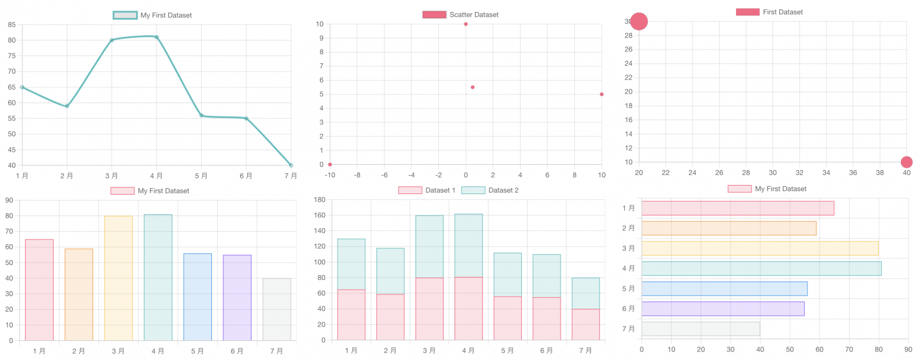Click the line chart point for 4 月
click(156, 37)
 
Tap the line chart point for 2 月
click(67, 106)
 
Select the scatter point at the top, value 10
click(466, 24)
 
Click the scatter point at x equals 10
click(602, 94)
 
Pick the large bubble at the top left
click(639, 21)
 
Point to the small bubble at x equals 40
click(906, 162)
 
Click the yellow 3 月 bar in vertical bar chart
click(118, 278)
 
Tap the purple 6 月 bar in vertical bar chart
click(237, 297)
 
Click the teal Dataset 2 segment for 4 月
click(468, 245)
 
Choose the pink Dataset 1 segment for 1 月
click(351, 315)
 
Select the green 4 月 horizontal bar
click(761, 269)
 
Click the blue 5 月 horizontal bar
click(724, 288)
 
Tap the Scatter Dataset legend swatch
click(434, 14)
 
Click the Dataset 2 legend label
click(503, 190)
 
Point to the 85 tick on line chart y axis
click(12, 24)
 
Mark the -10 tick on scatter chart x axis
click(330, 175)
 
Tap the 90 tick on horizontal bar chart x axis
click(907, 349)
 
